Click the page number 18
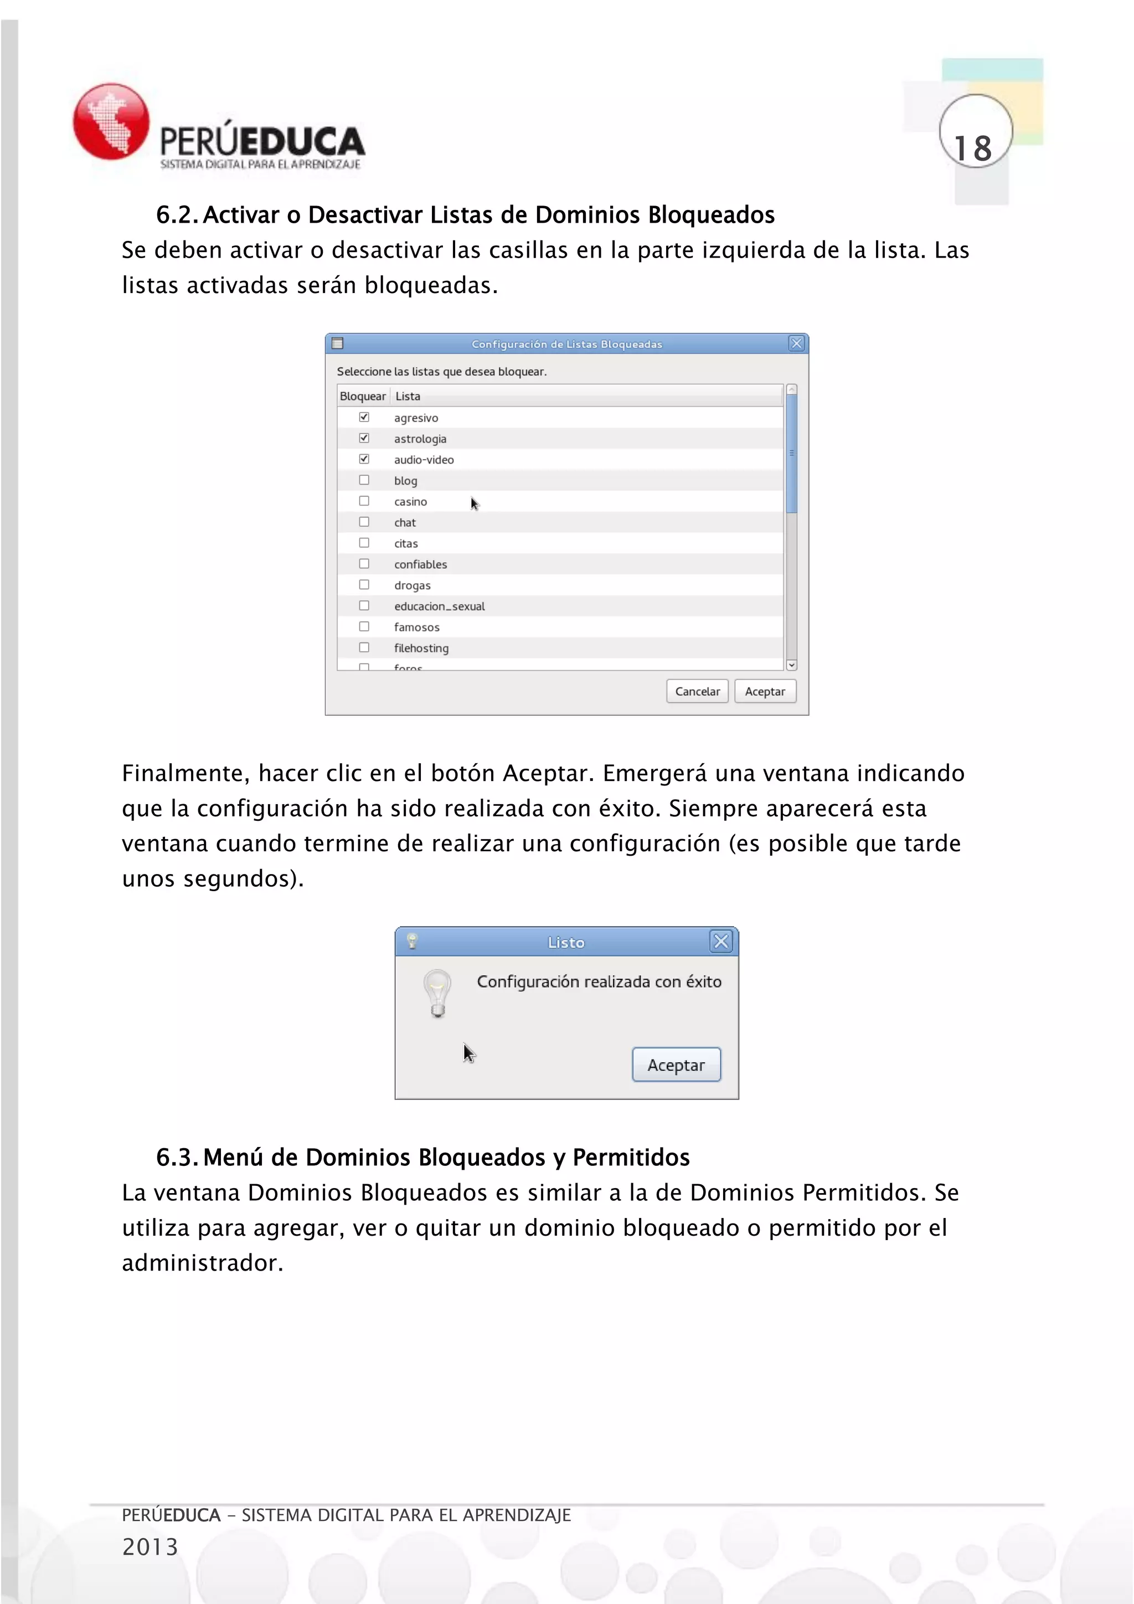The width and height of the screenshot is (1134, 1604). (x=973, y=149)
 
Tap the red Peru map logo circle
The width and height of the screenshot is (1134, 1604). (x=111, y=121)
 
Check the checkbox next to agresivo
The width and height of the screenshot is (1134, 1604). (x=364, y=417)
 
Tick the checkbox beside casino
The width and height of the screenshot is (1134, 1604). (x=364, y=501)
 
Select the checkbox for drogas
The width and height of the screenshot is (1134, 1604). (x=364, y=585)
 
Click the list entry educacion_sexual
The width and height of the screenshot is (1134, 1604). (x=439, y=606)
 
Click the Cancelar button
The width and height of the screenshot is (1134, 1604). (x=697, y=692)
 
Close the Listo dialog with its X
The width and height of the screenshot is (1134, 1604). (x=720, y=942)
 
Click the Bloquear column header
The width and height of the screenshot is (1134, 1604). (x=363, y=396)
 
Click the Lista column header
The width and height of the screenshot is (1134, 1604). (x=408, y=396)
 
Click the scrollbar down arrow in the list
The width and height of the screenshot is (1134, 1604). (x=791, y=665)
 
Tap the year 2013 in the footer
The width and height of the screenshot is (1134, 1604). (x=150, y=1547)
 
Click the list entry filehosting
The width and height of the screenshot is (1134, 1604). (x=421, y=649)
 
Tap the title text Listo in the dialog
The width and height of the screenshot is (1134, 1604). (x=565, y=943)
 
